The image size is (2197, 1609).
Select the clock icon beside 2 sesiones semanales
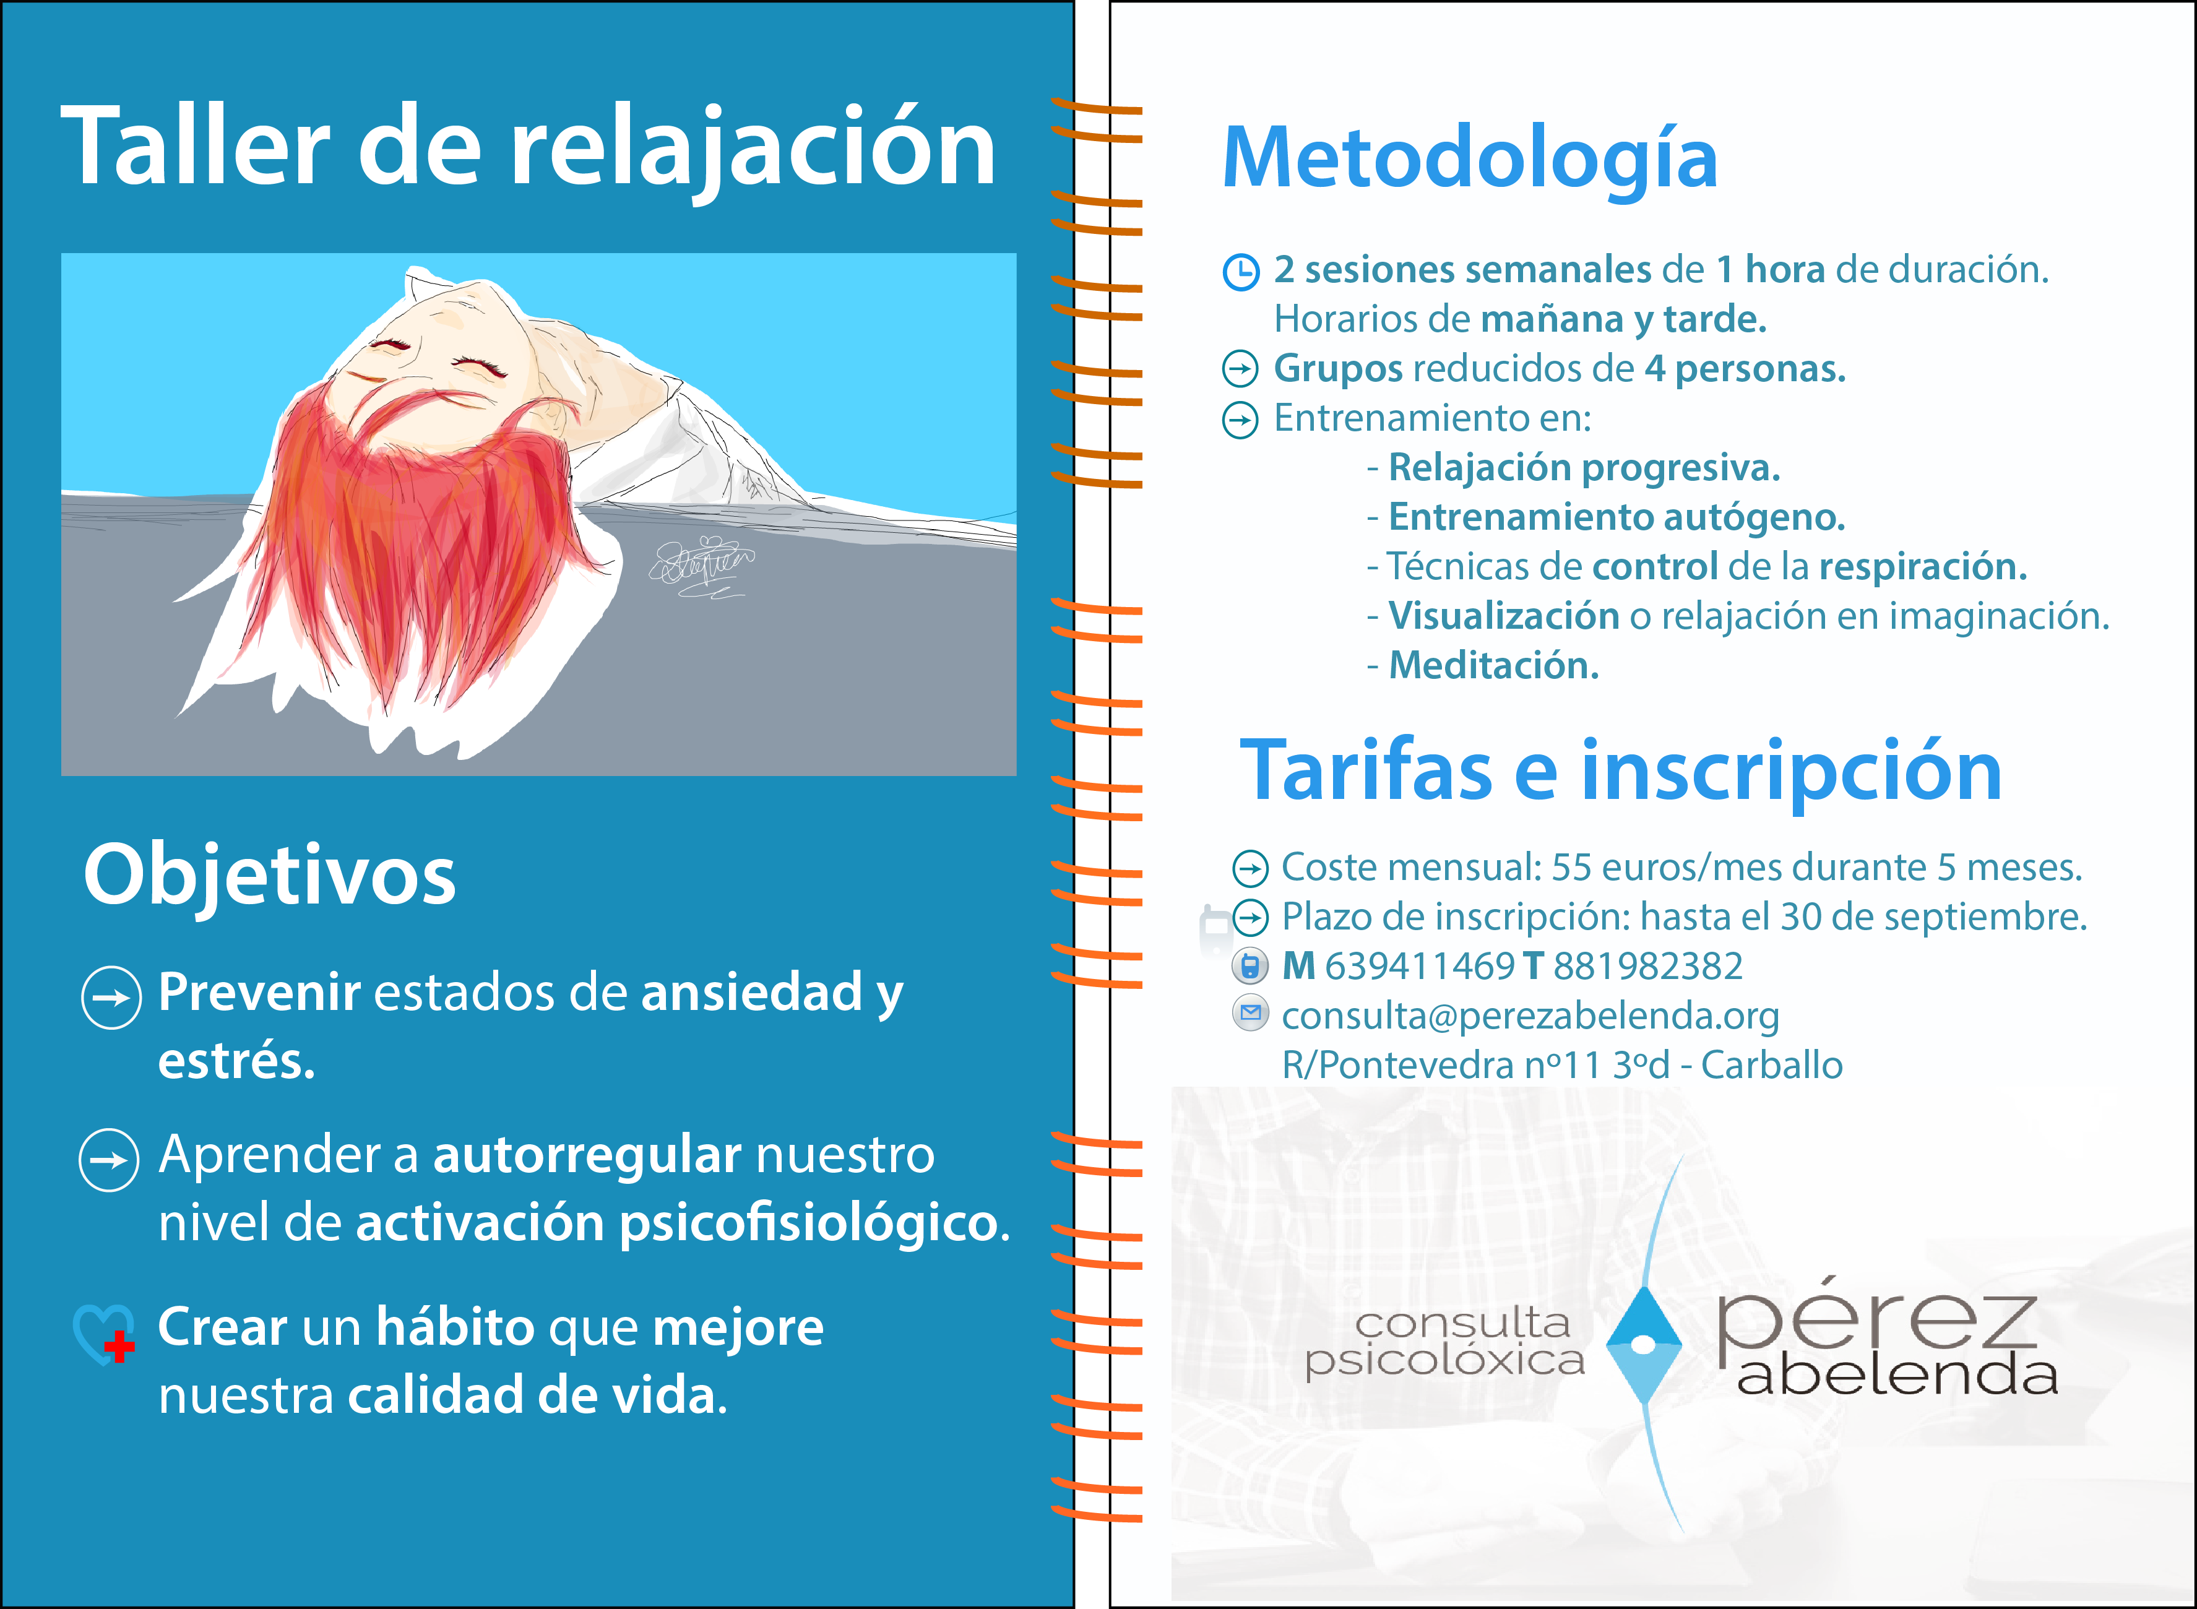click(1241, 272)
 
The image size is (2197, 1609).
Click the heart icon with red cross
click(104, 1334)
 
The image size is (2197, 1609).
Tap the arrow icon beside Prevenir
click(111, 998)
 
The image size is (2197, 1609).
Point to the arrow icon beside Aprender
click(109, 1160)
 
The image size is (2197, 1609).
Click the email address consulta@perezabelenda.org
click(1530, 1016)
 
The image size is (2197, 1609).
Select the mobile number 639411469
click(1420, 966)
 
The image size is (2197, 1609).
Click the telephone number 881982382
click(1647, 966)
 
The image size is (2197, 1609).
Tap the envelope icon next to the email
click(1250, 1013)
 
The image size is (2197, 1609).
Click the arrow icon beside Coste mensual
click(1250, 867)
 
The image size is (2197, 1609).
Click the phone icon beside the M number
click(1250, 966)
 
